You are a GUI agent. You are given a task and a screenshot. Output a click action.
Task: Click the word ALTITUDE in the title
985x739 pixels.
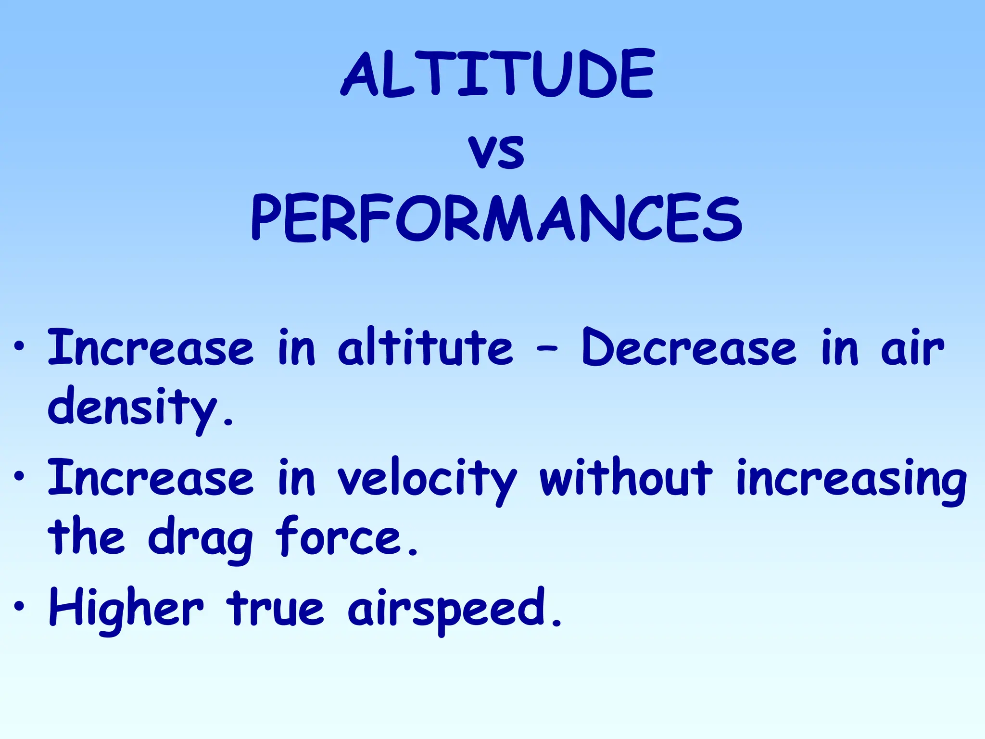pos(497,75)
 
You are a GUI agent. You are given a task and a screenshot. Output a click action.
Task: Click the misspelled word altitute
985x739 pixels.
pos(425,347)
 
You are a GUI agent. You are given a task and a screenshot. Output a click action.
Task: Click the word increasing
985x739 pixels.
pos(851,479)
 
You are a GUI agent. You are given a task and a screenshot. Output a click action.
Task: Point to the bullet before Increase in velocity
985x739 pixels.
pos(19,476)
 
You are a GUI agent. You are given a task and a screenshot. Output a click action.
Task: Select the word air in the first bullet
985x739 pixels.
pos(912,347)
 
